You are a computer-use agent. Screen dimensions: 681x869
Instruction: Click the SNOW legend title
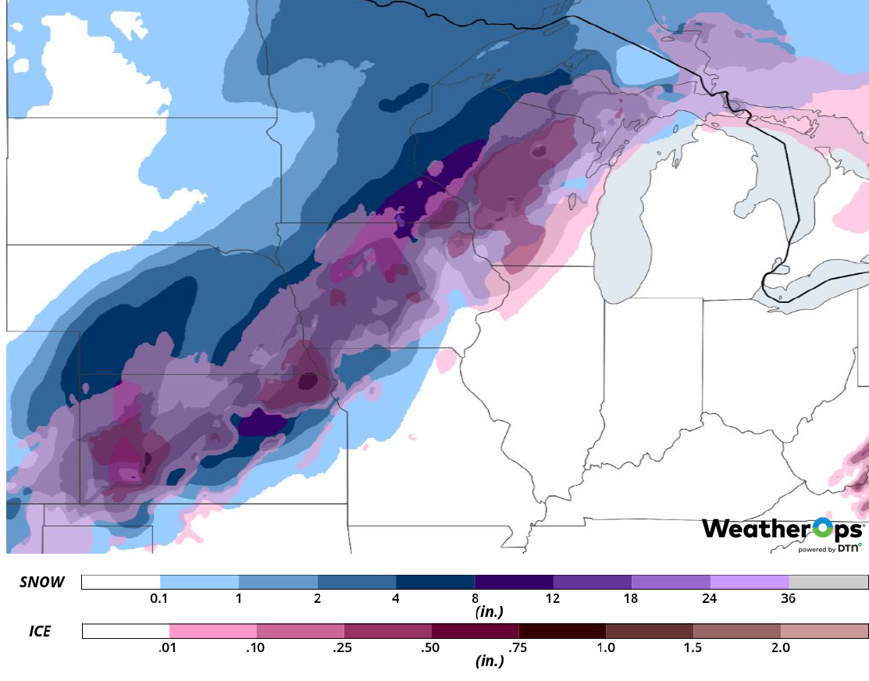click(x=42, y=582)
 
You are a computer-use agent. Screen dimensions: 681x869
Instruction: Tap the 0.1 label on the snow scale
click(x=160, y=599)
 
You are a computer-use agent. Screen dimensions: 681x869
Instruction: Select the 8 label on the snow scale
click(x=475, y=599)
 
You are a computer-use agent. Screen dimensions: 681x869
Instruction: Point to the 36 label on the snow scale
click(x=789, y=599)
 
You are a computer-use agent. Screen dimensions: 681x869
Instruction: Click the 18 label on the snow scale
click(x=631, y=599)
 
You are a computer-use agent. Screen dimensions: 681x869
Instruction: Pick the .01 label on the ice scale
click(x=169, y=647)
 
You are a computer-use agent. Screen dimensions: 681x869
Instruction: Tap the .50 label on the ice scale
click(x=431, y=647)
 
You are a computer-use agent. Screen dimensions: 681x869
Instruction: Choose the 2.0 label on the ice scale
click(x=780, y=647)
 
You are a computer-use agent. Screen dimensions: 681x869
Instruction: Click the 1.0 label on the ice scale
click(x=606, y=647)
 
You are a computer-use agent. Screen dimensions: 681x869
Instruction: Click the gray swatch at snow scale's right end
click(x=828, y=582)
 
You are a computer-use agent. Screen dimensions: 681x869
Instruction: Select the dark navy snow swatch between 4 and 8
click(x=435, y=582)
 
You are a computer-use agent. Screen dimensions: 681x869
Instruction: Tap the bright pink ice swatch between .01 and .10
click(x=213, y=631)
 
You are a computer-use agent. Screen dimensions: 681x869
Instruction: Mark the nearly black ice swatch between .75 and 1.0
click(x=562, y=631)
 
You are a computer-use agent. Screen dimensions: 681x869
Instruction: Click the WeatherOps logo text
click(x=781, y=529)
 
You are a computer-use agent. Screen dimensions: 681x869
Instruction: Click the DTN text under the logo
click(x=849, y=549)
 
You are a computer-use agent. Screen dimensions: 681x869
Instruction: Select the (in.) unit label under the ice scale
click(x=490, y=661)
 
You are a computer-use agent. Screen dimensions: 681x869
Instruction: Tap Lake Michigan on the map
click(x=625, y=234)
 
